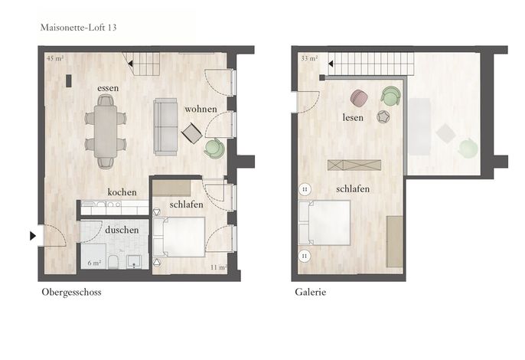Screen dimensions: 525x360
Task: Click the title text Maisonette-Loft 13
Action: point(78,28)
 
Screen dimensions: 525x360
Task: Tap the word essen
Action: point(108,88)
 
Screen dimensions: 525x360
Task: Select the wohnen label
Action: point(201,110)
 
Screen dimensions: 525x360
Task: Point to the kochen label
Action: point(122,192)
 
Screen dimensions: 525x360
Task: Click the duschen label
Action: point(122,230)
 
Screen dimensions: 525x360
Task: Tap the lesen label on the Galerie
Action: point(353,117)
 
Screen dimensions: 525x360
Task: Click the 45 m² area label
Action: point(55,58)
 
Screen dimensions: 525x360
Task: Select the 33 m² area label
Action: point(309,58)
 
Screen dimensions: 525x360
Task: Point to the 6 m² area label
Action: point(94,263)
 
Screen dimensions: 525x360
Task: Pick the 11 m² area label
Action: point(218,267)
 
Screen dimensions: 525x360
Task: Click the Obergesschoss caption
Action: point(71,293)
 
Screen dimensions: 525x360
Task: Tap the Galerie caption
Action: point(311,292)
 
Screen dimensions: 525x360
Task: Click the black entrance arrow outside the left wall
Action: point(32,236)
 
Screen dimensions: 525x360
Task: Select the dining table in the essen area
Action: point(106,132)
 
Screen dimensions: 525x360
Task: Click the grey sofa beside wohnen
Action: point(165,127)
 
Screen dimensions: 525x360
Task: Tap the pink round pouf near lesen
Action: point(359,97)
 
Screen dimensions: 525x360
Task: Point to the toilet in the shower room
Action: point(112,262)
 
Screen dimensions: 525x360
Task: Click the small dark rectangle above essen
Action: point(69,80)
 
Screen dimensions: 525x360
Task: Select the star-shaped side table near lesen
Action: point(383,116)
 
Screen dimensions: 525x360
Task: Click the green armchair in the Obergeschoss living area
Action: point(214,148)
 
